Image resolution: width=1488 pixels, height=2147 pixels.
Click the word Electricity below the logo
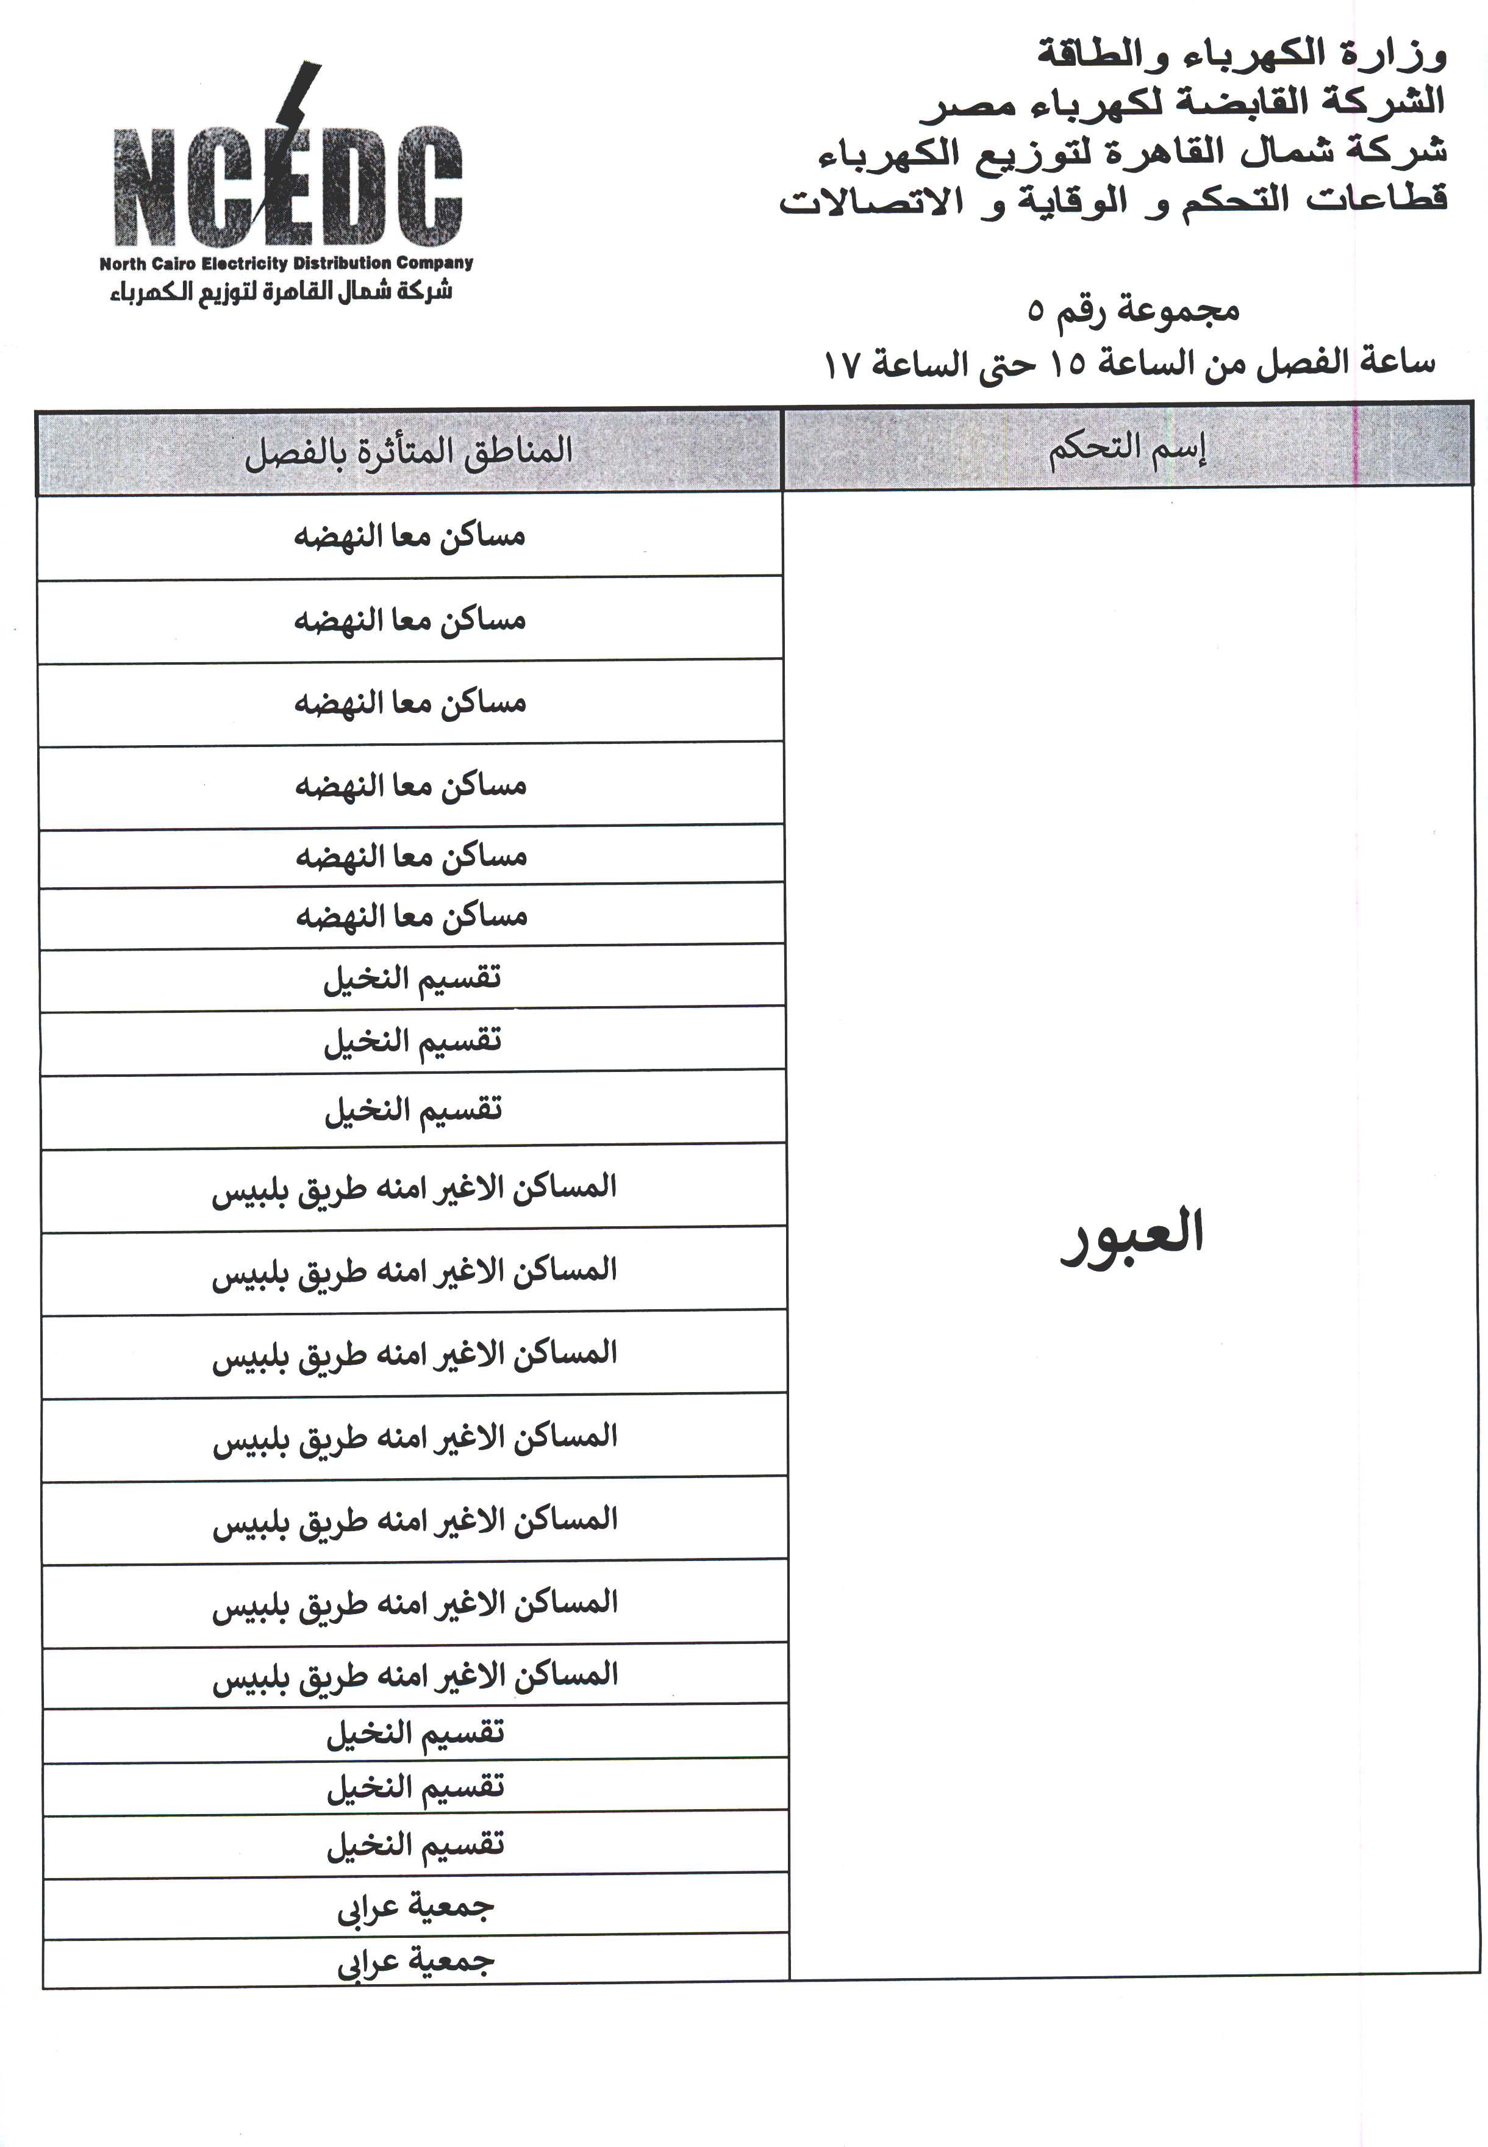coord(245,264)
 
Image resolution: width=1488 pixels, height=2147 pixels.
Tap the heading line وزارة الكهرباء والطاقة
coord(1240,54)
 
